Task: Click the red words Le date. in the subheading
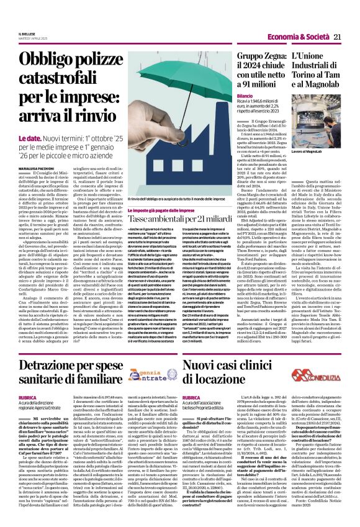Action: coord(29,138)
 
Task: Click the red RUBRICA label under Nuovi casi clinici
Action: coord(192,379)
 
